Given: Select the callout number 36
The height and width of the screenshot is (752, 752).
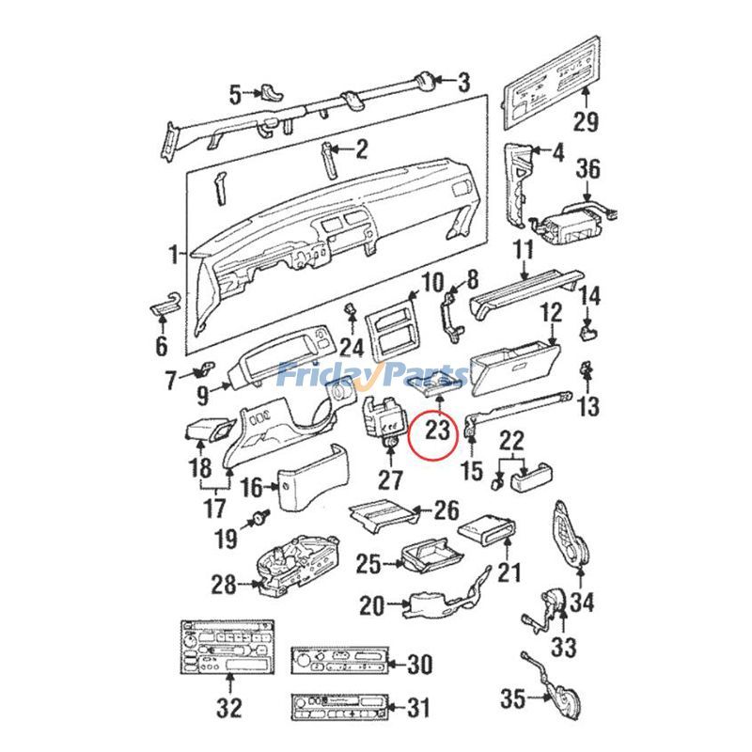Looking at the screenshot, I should (x=587, y=169).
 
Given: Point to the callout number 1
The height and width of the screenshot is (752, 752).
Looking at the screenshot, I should (x=173, y=254).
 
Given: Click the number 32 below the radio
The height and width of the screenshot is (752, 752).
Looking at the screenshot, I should (x=227, y=707).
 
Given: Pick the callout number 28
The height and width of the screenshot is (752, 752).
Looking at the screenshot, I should (x=224, y=585).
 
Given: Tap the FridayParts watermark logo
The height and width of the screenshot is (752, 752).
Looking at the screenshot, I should (x=372, y=375).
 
